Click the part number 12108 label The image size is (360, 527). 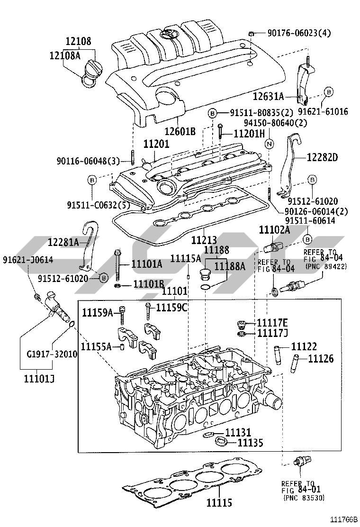78,42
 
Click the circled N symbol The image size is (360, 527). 268,143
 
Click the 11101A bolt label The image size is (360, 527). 146,264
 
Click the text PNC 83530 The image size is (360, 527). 304,498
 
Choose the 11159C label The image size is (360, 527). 172,307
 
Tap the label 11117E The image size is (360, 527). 272,323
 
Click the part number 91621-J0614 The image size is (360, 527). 27,260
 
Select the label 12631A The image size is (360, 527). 268,97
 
